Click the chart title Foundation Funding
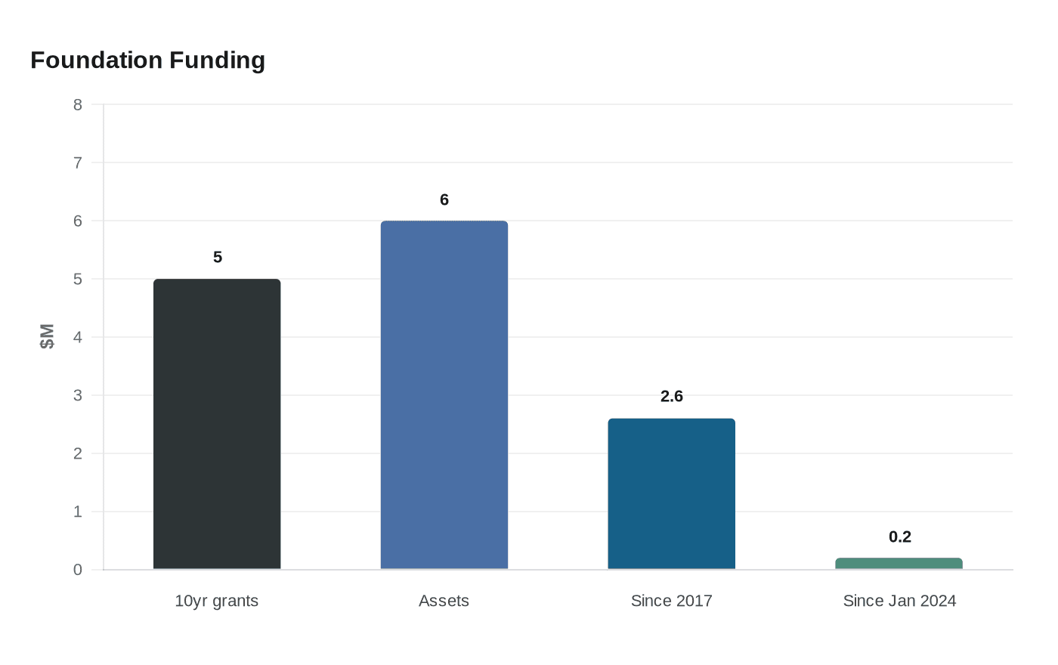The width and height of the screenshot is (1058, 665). [147, 60]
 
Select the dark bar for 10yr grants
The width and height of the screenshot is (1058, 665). [217, 424]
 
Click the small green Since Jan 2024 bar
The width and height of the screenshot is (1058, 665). [899, 564]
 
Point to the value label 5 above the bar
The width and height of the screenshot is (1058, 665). [218, 258]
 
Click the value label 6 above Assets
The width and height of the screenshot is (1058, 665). [444, 200]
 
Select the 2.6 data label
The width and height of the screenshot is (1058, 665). [671, 397]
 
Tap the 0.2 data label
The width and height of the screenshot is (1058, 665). [899, 537]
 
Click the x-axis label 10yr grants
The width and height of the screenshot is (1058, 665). [217, 601]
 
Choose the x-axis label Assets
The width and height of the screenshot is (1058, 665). [444, 601]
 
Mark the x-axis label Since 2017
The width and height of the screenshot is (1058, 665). [671, 601]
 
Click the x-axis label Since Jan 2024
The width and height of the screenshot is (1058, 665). [899, 601]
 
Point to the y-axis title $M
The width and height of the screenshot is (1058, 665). [48, 336]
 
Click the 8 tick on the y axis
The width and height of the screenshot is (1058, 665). [78, 105]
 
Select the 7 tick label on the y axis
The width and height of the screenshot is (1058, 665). [78, 163]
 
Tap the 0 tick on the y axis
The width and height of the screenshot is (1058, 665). [78, 570]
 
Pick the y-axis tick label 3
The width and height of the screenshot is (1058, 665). [78, 395]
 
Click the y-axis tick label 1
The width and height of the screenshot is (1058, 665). [78, 512]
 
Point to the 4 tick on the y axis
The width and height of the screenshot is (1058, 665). [78, 337]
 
